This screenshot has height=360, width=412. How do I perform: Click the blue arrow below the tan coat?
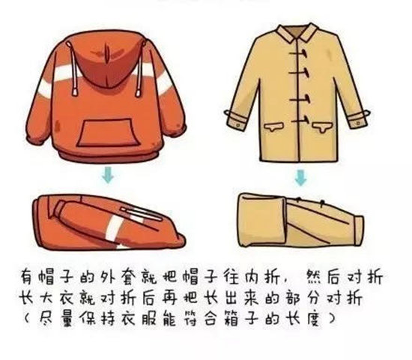click(300, 178)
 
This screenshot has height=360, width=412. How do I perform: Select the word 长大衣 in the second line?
click(52, 298)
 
